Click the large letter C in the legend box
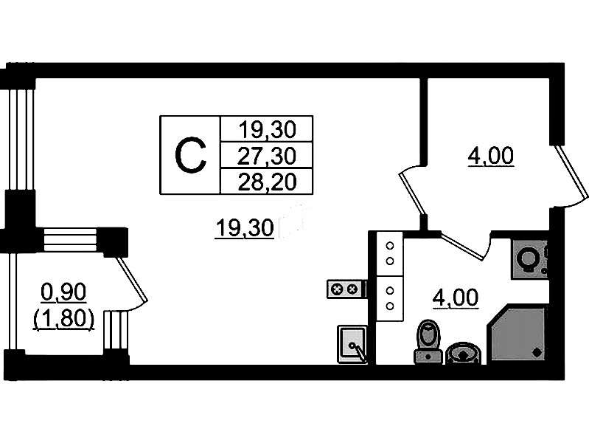coord(190,155)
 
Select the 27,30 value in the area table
coord(267,155)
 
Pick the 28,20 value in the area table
coord(267,181)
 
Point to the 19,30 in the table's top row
coord(267,130)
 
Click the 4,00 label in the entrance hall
coord(490,157)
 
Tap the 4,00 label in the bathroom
coord(456,298)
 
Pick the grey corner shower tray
coord(517,334)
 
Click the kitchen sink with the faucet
coord(352,344)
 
